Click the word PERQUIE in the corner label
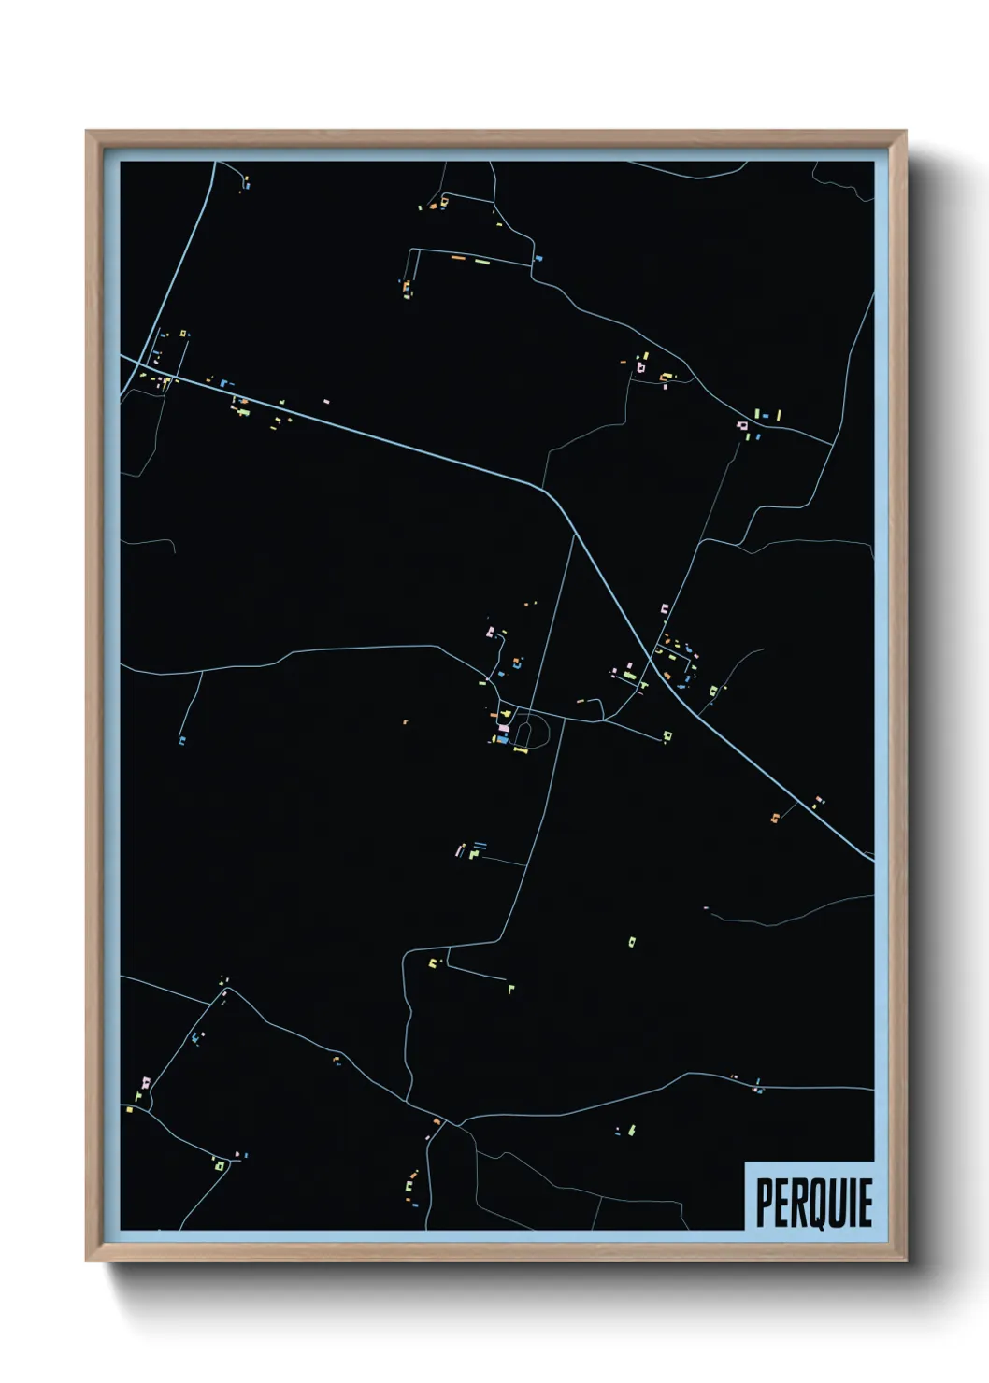(x=813, y=1203)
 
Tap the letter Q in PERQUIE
(x=823, y=1204)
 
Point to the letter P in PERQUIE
(x=764, y=1203)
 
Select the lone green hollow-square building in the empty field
(x=632, y=940)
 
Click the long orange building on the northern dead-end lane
(x=458, y=257)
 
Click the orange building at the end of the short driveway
(x=774, y=819)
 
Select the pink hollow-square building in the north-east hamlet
(x=743, y=426)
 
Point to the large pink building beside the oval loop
(x=504, y=728)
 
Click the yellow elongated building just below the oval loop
(x=521, y=749)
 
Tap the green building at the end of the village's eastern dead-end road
(x=666, y=736)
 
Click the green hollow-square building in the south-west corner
(x=220, y=1165)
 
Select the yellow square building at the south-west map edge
(x=128, y=1109)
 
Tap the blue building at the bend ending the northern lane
(x=537, y=258)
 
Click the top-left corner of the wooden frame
(x=87, y=132)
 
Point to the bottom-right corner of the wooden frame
(x=906, y=1261)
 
